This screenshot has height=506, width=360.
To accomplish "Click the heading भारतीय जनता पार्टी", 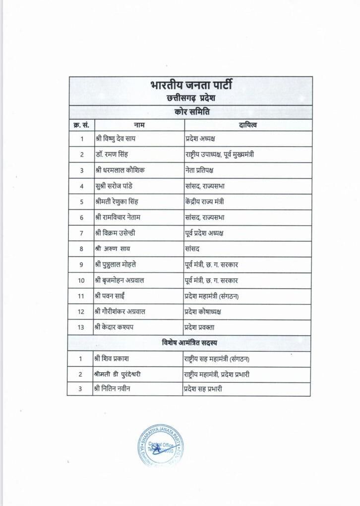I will (190, 85).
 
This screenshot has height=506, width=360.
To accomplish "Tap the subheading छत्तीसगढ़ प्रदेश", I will (190, 98).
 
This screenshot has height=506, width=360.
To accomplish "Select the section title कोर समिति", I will (190, 112).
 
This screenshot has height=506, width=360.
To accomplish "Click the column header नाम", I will (139, 125).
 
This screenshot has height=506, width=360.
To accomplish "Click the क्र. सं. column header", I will (81, 125).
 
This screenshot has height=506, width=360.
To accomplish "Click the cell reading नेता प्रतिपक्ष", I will (203, 170).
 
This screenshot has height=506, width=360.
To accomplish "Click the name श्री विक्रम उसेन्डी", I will (117, 233).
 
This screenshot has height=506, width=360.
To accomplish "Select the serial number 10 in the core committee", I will (81, 280).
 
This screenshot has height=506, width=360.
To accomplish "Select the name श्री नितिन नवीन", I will (114, 389).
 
